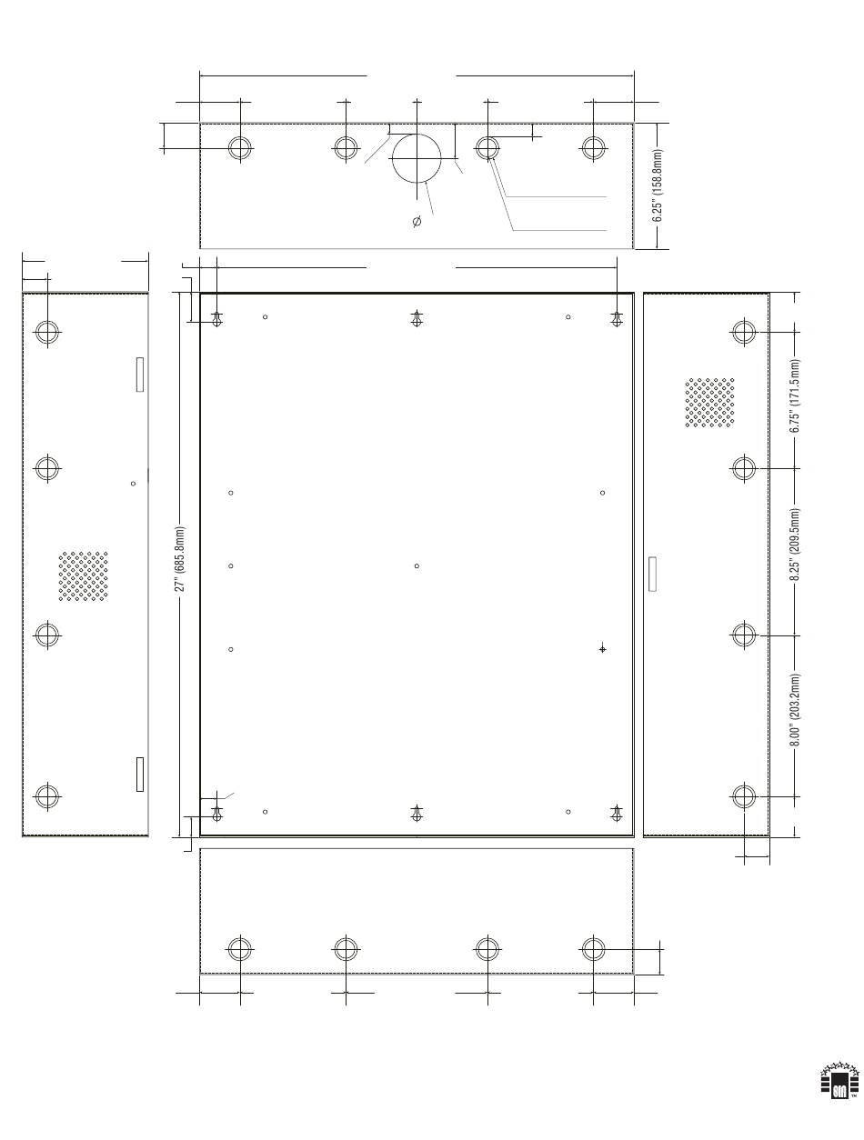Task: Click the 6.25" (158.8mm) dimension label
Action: (x=658, y=185)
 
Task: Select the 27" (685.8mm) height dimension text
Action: (x=180, y=559)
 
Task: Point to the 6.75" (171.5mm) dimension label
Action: (x=794, y=395)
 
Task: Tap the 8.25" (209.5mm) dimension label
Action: (x=794, y=545)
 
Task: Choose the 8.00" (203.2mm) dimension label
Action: (x=794, y=710)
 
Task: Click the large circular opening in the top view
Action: (x=417, y=134)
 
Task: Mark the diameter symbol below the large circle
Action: (x=417, y=221)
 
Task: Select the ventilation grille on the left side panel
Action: (x=83, y=576)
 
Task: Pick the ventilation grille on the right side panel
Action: (x=709, y=403)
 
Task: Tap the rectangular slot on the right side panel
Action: (x=652, y=574)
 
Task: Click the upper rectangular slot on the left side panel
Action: (x=140, y=375)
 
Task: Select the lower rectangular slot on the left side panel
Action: (x=140, y=774)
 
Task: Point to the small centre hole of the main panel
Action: (x=417, y=565)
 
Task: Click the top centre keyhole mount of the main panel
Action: (x=417, y=318)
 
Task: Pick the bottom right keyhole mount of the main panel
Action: (x=617, y=814)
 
